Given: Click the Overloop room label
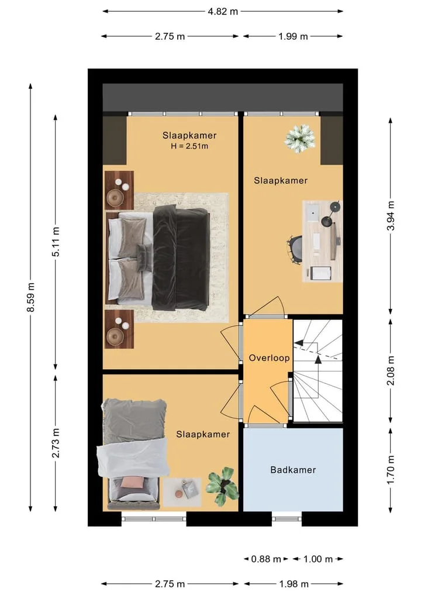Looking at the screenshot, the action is coord(269,358).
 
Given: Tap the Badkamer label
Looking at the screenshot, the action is coord(293,470).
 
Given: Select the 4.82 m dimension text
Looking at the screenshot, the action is coord(223,11).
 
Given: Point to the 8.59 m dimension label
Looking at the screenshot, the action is coord(31,297).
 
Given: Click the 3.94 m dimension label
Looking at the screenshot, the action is coord(391,216).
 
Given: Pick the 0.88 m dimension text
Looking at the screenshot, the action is coord(266,559).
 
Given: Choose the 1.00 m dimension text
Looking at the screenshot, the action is coord(318,559).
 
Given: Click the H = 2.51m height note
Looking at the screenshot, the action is coord(189,146).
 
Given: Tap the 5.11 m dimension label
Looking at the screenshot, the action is coord(56,242).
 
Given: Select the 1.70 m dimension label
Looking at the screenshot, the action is coord(391,470).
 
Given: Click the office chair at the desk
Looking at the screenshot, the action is coord(295,249).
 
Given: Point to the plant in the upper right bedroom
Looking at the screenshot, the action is coord(299,139).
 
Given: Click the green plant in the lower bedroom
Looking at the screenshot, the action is coord(223,486).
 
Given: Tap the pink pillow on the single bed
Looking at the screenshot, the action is coord(132,483).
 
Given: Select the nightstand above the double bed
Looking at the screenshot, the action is coord(119,190).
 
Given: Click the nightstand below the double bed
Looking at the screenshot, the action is coord(119,329).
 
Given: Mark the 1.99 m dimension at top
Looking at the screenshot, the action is coord(293,36).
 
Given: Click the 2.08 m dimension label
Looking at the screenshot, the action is coord(391,370).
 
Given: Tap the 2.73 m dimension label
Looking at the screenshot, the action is coord(56,443).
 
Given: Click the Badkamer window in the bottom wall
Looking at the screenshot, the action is coord(287,519).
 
